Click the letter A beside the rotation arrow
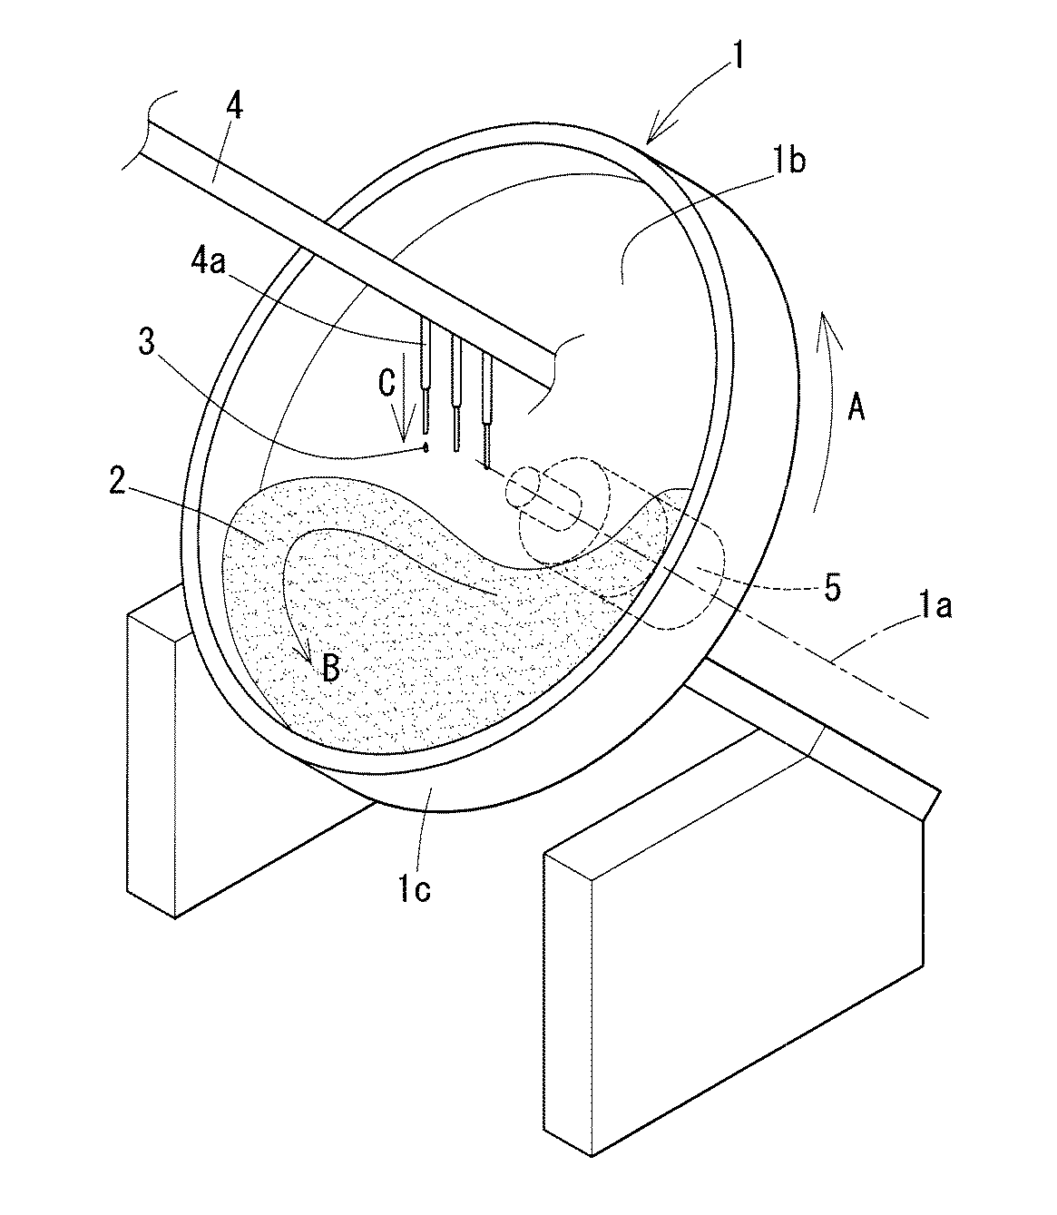click(855, 407)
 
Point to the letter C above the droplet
click(387, 385)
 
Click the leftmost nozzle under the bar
click(425, 381)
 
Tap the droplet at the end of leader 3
click(425, 447)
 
